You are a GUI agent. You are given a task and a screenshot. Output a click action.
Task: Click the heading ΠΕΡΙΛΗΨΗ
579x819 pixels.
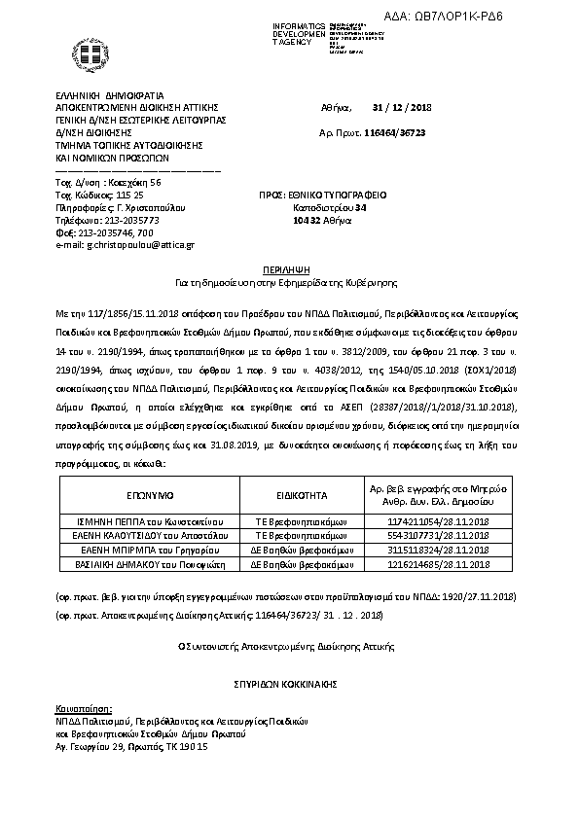pyautogui.click(x=288, y=265)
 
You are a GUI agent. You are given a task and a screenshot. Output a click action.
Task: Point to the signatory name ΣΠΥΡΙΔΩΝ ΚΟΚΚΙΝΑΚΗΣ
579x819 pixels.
pyautogui.click(x=288, y=685)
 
